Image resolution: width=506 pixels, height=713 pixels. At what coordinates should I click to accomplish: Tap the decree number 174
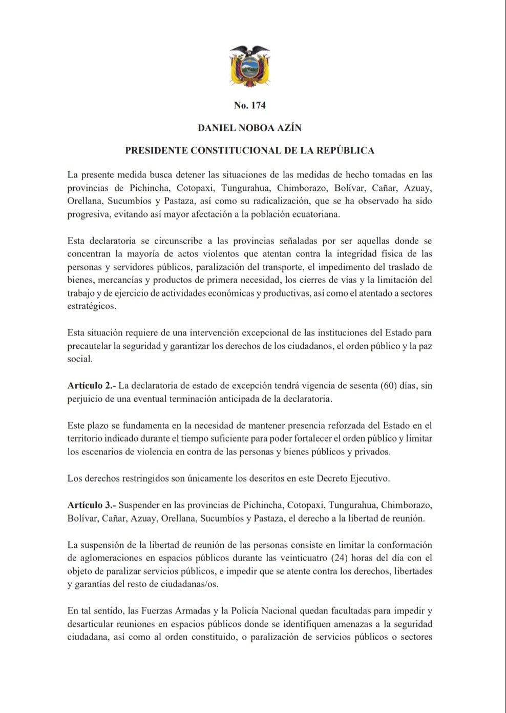(249, 106)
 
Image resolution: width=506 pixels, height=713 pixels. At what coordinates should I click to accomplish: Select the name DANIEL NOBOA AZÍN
(249, 128)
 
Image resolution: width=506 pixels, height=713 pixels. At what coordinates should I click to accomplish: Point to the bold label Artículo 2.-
(91, 386)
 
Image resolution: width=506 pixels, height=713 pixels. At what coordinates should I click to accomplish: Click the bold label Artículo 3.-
(91, 505)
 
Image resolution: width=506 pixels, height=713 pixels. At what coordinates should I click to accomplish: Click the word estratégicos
(92, 306)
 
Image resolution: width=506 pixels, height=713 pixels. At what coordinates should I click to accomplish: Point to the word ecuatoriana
(314, 214)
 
